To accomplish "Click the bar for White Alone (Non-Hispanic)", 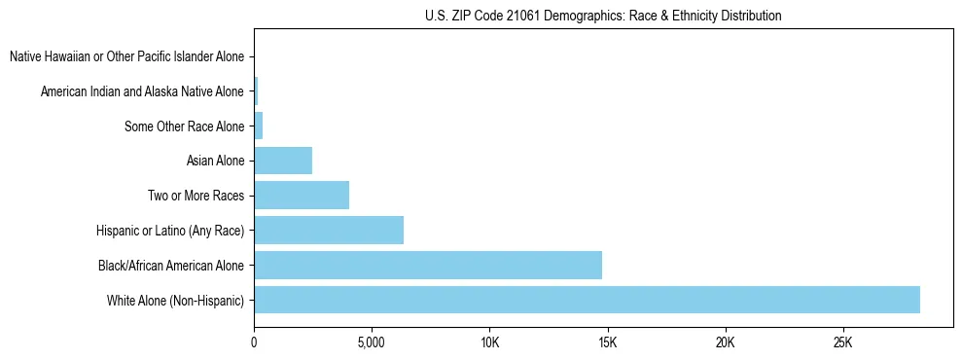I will (x=587, y=300).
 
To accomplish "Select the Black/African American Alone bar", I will (x=428, y=265).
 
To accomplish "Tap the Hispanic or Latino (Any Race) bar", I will (x=329, y=231).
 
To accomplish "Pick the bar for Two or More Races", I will (x=302, y=196).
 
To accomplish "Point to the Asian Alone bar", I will (x=283, y=161).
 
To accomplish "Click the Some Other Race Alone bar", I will (x=259, y=126).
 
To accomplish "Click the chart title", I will (x=603, y=16).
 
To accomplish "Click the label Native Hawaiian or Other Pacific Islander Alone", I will (x=126, y=56).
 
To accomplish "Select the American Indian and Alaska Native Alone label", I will (x=142, y=91).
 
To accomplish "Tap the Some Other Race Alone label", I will (x=185, y=126).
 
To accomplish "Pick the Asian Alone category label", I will (x=215, y=161).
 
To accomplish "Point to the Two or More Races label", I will (x=196, y=196).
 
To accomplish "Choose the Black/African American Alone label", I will (x=171, y=265).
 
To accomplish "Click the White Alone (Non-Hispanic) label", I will (x=176, y=300).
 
